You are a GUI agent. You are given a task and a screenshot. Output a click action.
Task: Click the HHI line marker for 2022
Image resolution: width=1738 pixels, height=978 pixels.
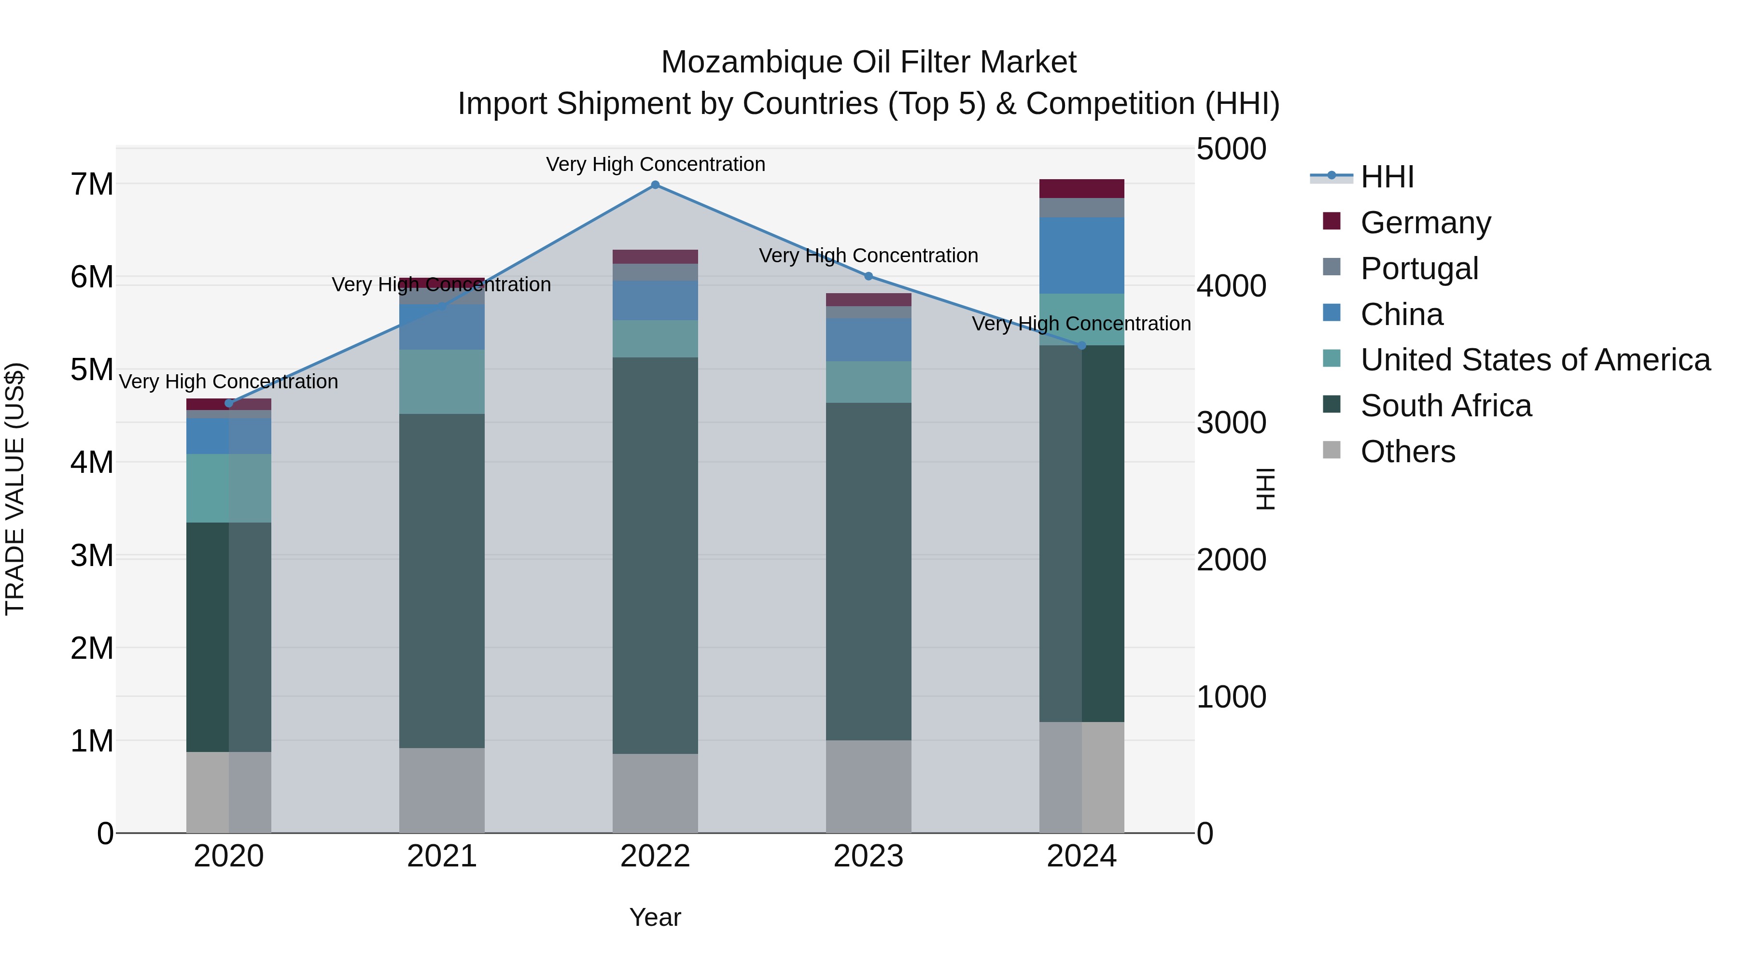tap(655, 185)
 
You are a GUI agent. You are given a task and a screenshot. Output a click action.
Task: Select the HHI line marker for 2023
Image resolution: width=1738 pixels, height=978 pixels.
tap(869, 276)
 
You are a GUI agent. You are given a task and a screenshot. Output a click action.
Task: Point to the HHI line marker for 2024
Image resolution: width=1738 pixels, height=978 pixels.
tap(1081, 346)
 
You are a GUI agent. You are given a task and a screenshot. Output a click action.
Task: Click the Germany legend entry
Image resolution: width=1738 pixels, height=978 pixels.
tap(1425, 223)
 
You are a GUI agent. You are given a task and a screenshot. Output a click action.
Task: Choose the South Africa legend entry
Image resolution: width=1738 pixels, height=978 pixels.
tap(1445, 406)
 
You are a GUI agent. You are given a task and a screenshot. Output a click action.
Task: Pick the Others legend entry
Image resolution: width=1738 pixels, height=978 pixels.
tap(1407, 452)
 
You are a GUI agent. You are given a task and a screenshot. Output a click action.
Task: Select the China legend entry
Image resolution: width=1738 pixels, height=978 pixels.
tap(1402, 314)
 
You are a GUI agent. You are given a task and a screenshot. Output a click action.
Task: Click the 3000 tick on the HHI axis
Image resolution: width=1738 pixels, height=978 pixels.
tap(1231, 423)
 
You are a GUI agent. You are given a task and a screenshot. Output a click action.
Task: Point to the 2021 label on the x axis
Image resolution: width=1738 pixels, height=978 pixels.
tap(442, 856)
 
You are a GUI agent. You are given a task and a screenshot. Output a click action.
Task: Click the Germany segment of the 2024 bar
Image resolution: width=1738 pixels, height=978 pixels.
tap(1081, 189)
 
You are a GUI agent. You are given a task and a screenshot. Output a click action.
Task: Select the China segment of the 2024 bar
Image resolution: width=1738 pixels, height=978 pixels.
tap(1081, 255)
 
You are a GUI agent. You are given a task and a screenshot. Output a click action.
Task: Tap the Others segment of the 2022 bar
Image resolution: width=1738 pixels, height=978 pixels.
tap(655, 793)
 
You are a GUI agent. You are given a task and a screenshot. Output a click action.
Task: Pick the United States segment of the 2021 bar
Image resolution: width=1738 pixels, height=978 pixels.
tap(442, 382)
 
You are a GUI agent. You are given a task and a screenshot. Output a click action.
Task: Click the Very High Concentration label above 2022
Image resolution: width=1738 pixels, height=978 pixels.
tap(655, 165)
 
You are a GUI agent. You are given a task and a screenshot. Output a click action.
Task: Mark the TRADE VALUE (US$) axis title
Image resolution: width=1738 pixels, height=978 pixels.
tap(15, 489)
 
